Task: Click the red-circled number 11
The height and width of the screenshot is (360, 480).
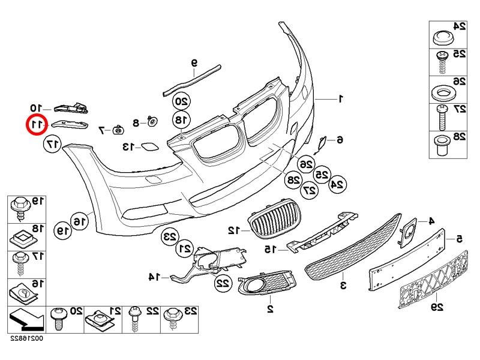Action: pos(37,125)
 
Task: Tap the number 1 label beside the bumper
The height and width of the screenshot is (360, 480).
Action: pos(340,98)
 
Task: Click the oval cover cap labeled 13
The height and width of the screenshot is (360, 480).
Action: pos(146,146)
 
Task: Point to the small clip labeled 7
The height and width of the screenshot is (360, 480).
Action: pos(119,128)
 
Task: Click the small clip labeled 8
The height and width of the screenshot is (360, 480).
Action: pos(152,122)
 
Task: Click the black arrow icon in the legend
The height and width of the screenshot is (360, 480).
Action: pos(25,319)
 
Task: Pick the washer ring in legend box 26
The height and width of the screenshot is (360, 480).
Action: pos(441,94)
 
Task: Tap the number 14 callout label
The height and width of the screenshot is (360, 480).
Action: pos(154,277)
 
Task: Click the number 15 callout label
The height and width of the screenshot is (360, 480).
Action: pos(271,248)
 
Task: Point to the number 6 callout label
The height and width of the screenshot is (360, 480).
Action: pos(340,140)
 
